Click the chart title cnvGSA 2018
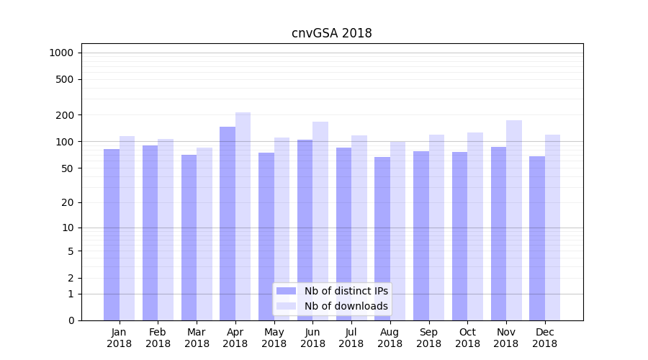click(x=331, y=33)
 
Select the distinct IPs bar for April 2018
click(x=228, y=223)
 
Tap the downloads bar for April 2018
click(x=243, y=216)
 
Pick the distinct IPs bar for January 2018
click(x=112, y=234)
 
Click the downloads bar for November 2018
click(x=514, y=220)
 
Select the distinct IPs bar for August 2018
click(x=382, y=238)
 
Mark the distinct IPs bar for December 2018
click(x=537, y=238)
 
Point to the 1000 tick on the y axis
click(x=61, y=53)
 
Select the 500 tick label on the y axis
click(x=65, y=79)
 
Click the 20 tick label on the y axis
click(x=67, y=202)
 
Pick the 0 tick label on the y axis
click(x=71, y=320)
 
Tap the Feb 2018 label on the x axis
click(x=158, y=338)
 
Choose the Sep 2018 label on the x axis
click(x=428, y=338)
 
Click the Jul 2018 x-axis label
click(x=351, y=338)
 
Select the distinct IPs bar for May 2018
click(x=266, y=236)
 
